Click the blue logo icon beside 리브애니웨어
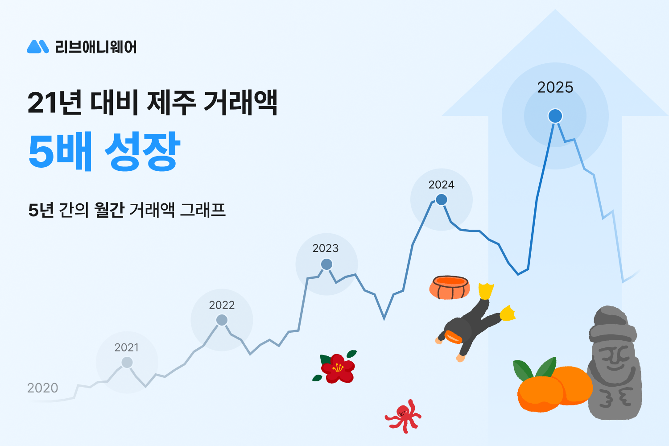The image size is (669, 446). [x=37, y=46]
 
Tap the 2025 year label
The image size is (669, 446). [x=555, y=87]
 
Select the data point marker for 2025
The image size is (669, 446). [x=555, y=116]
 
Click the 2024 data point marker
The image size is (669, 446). [x=441, y=199]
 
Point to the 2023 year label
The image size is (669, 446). [x=325, y=248]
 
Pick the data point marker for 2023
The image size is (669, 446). [x=326, y=264]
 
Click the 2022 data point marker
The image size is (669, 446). [x=222, y=320]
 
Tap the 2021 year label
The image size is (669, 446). [x=126, y=347]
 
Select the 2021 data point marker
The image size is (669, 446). [x=127, y=363]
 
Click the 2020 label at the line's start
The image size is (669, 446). [x=42, y=388]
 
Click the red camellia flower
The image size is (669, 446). [x=338, y=368]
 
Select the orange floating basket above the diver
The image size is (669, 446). [x=450, y=288]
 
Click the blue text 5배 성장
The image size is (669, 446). [x=104, y=151]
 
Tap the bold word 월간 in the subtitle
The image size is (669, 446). [x=109, y=210]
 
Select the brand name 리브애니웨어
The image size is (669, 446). [x=95, y=47]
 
